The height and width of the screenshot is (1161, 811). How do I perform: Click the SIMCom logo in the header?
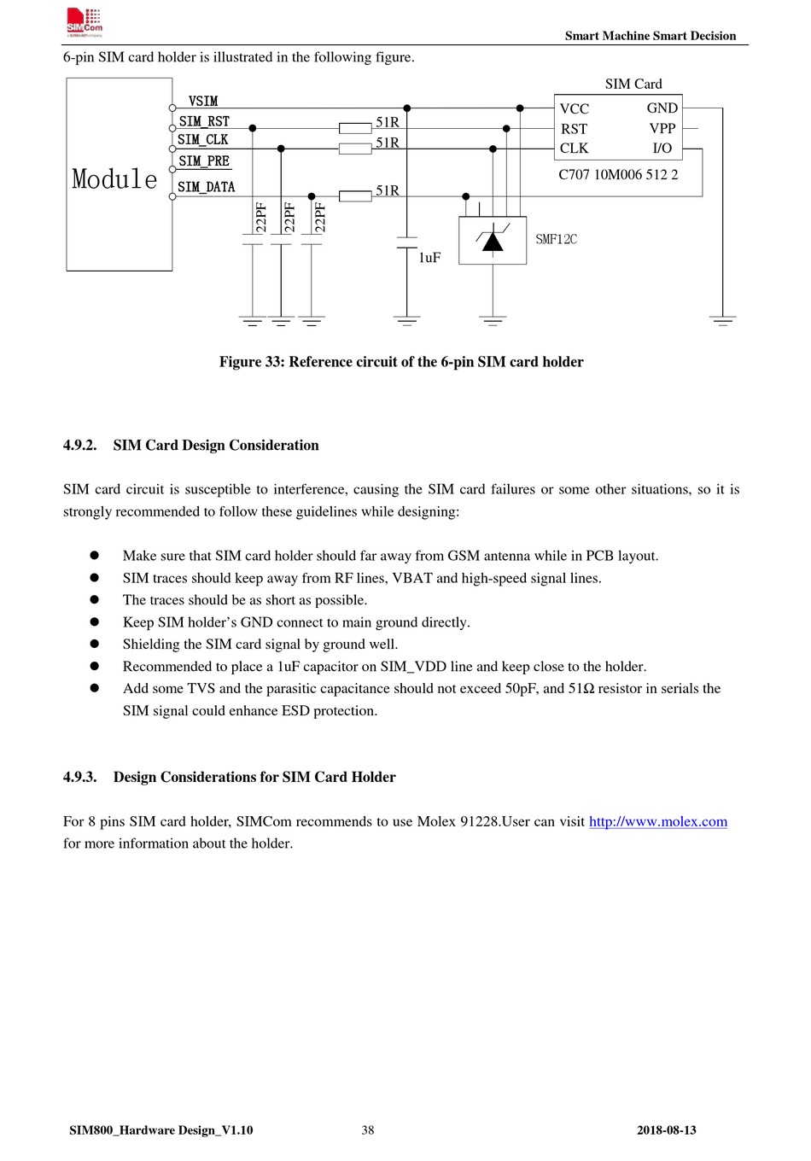click(85, 23)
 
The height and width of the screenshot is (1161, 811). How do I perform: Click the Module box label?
click(114, 179)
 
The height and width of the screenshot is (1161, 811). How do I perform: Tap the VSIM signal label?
click(203, 101)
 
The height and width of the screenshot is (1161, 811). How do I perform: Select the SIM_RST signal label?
click(204, 121)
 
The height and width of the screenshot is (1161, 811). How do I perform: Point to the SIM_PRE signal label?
click(204, 160)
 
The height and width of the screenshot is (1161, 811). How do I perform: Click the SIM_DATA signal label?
click(206, 187)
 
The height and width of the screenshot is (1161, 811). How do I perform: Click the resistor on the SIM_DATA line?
click(355, 196)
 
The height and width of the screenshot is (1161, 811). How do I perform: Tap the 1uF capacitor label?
click(429, 257)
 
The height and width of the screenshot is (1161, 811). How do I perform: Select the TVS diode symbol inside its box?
click(493, 241)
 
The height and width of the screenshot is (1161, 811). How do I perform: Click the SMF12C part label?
click(556, 239)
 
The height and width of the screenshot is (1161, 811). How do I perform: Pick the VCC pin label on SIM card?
click(575, 108)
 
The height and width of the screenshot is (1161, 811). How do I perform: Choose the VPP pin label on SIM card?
click(662, 128)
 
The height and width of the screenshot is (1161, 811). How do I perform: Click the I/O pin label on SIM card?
click(662, 148)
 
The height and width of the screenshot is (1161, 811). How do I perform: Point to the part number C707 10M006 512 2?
click(618, 174)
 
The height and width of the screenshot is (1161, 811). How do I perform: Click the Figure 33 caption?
click(401, 362)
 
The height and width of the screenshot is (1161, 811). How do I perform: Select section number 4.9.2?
click(79, 446)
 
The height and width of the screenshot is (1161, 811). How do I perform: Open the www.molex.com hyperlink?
click(657, 821)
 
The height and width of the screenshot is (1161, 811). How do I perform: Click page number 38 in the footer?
click(368, 1130)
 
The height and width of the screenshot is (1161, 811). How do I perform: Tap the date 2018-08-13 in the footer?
click(666, 1130)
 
